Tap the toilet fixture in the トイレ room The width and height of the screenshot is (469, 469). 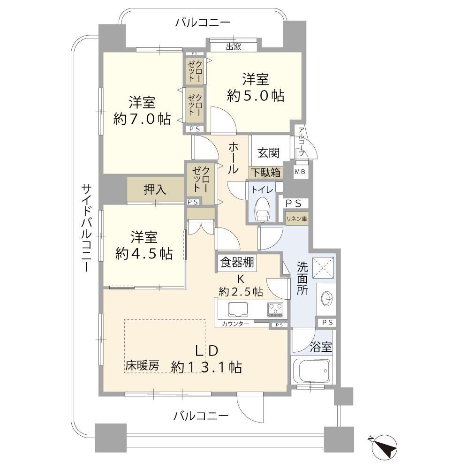pyautogui.click(x=262, y=209)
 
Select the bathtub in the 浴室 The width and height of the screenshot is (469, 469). pyautogui.click(x=312, y=371)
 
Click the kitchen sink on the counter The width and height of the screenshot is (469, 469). pyautogui.click(x=238, y=310)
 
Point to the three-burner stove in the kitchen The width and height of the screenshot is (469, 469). pyautogui.click(x=275, y=310)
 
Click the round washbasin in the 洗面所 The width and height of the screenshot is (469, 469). pyautogui.click(x=326, y=298)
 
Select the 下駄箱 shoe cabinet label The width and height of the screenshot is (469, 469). pyautogui.click(x=265, y=173)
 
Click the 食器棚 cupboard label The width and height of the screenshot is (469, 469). pyautogui.click(x=237, y=263)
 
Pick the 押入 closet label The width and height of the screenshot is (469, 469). pyautogui.click(x=155, y=189)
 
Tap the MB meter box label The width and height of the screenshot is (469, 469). pyautogui.click(x=300, y=172)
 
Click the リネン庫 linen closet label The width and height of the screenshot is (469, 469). pyautogui.click(x=296, y=219)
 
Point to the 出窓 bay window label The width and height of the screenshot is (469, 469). pyautogui.click(x=233, y=46)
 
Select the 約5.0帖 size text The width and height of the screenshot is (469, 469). pyautogui.click(x=256, y=96)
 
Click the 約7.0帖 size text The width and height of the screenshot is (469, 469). pyautogui.click(x=142, y=119)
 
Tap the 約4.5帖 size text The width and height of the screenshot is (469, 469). pyautogui.click(x=144, y=254)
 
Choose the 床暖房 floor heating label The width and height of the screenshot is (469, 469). pyautogui.click(x=142, y=365)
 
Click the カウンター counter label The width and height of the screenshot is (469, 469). pyautogui.click(x=235, y=324)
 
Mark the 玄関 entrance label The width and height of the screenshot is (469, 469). pyautogui.click(x=269, y=153)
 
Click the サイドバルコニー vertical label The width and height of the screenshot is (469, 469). pyautogui.click(x=86, y=228)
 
